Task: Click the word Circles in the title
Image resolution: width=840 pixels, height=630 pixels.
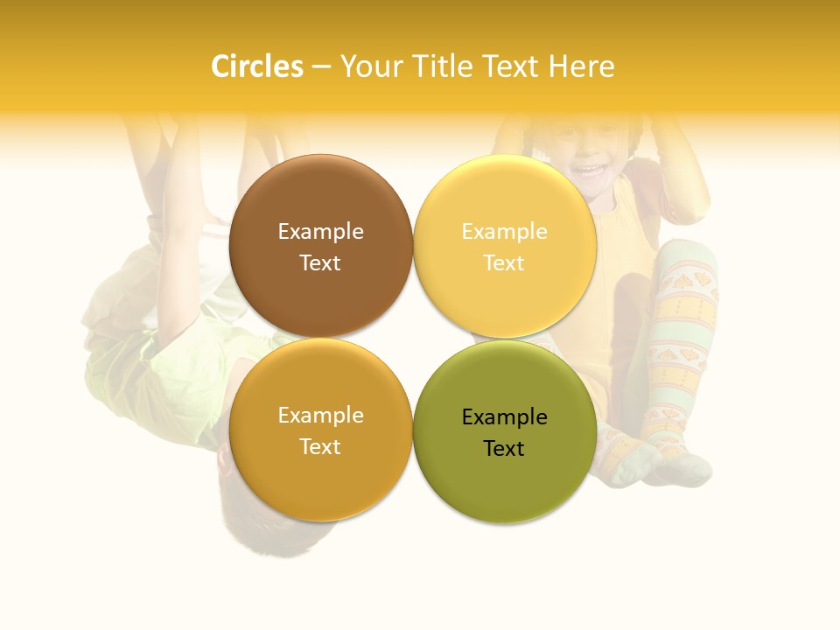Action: pos(256,66)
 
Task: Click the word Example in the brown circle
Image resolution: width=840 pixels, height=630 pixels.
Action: pos(320,232)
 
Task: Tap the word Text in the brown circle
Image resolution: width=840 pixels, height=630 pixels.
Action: pos(320,263)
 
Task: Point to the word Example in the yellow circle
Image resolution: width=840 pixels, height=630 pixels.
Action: pos(504,232)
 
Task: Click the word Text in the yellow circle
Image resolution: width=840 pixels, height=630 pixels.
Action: pos(504,263)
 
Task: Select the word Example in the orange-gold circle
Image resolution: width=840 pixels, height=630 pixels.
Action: pos(320,416)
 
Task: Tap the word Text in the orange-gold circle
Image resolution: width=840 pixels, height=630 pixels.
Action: pos(320,447)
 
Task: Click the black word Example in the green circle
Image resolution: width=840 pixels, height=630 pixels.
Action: pos(504,417)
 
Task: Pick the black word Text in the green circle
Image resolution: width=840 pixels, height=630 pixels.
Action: pos(504,449)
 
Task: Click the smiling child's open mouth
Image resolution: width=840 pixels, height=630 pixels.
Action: pos(592,169)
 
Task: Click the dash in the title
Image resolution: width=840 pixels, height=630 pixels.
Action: pos(321,67)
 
